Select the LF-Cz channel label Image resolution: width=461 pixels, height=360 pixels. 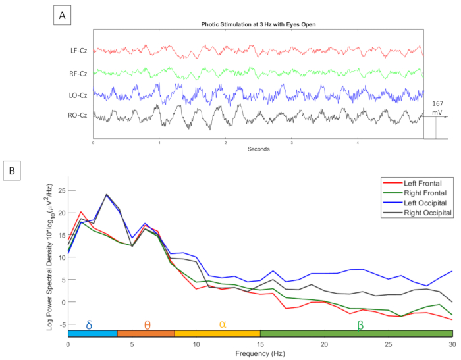click(80, 50)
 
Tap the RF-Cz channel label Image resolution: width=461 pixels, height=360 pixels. click(80, 73)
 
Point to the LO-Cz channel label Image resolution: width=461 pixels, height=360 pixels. click(80, 95)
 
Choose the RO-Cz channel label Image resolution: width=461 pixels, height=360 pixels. click(80, 117)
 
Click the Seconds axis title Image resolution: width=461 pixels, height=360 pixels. click(258, 149)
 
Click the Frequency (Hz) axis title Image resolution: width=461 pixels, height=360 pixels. click(260, 354)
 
